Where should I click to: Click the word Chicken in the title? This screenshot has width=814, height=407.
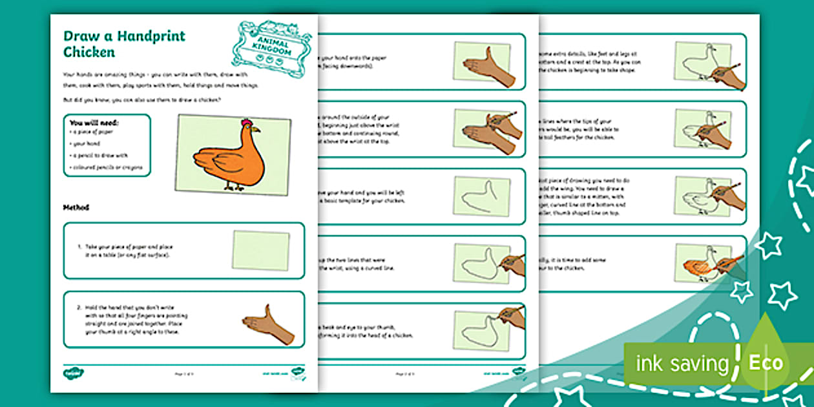pyautogui.click(x=89, y=52)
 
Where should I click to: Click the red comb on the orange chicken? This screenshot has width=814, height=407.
pyautogui.click(x=246, y=123)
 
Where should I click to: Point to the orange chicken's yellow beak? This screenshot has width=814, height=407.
pyautogui.click(x=256, y=129)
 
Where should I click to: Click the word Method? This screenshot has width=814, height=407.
pyautogui.click(x=76, y=208)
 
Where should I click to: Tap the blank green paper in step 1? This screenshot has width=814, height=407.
pyautogui.click(x=260, y=251)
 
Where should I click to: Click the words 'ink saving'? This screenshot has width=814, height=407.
pyautogui.click(x=682, y=364)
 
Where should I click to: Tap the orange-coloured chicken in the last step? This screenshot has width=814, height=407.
pyautogui.click(x=698, y=264)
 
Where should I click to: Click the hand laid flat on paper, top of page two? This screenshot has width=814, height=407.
pyautogui.click(x=486, y=65)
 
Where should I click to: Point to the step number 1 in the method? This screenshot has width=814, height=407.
pyautogui.click(x=79, y=247)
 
